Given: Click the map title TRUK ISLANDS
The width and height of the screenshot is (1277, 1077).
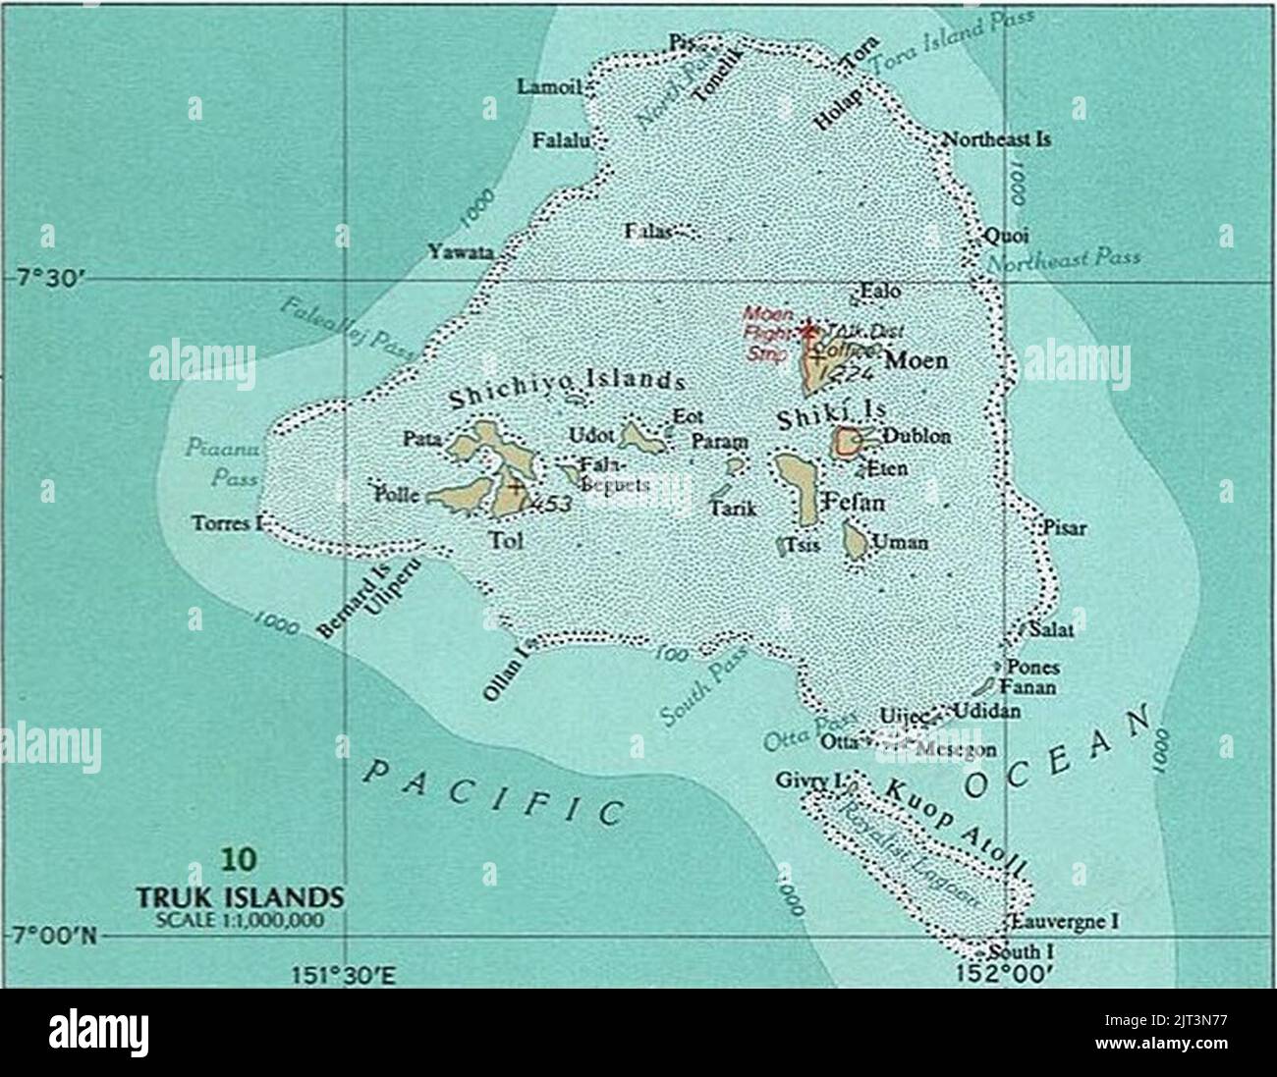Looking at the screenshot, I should coord(239,897).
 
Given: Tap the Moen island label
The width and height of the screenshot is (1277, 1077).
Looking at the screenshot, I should coord(916,361).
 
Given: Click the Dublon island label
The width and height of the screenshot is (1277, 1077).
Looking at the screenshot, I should coord(916,437).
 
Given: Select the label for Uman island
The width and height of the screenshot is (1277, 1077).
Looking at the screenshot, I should coord(901,542).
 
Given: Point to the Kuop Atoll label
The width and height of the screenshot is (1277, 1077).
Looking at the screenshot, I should coord(953,827).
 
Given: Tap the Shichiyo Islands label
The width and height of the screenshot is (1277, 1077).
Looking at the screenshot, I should coord(567,388).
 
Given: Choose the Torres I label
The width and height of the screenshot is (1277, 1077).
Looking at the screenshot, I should coord(227,523).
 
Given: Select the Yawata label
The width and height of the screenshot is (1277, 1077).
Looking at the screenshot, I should coord(460,252).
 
